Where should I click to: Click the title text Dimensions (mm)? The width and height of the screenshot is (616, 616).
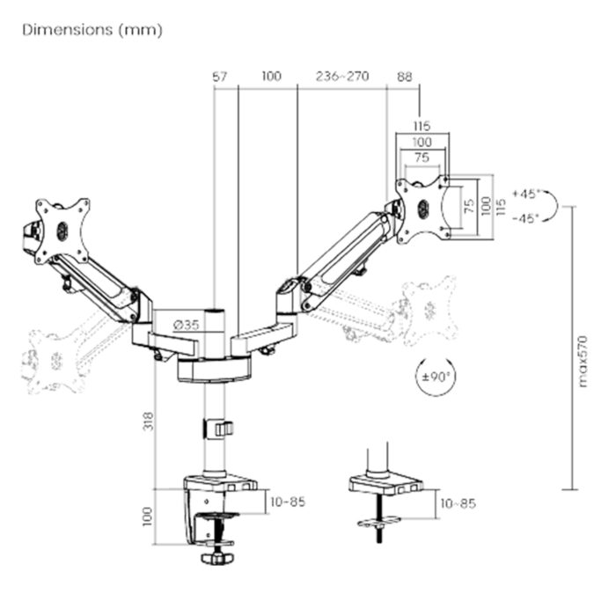92,29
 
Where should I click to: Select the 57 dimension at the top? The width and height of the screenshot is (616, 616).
220,77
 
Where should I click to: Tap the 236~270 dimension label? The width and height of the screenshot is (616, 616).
342,77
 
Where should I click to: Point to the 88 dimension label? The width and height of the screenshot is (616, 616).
404,77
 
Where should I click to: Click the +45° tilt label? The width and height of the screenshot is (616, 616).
526,194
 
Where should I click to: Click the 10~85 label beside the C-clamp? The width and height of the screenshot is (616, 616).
289,502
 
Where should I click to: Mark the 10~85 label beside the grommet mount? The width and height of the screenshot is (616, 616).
458,503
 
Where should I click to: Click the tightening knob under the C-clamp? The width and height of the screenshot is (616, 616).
216,558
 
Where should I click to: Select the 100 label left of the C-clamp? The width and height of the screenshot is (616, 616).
147,514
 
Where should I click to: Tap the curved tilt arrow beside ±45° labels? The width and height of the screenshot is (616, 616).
553,206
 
